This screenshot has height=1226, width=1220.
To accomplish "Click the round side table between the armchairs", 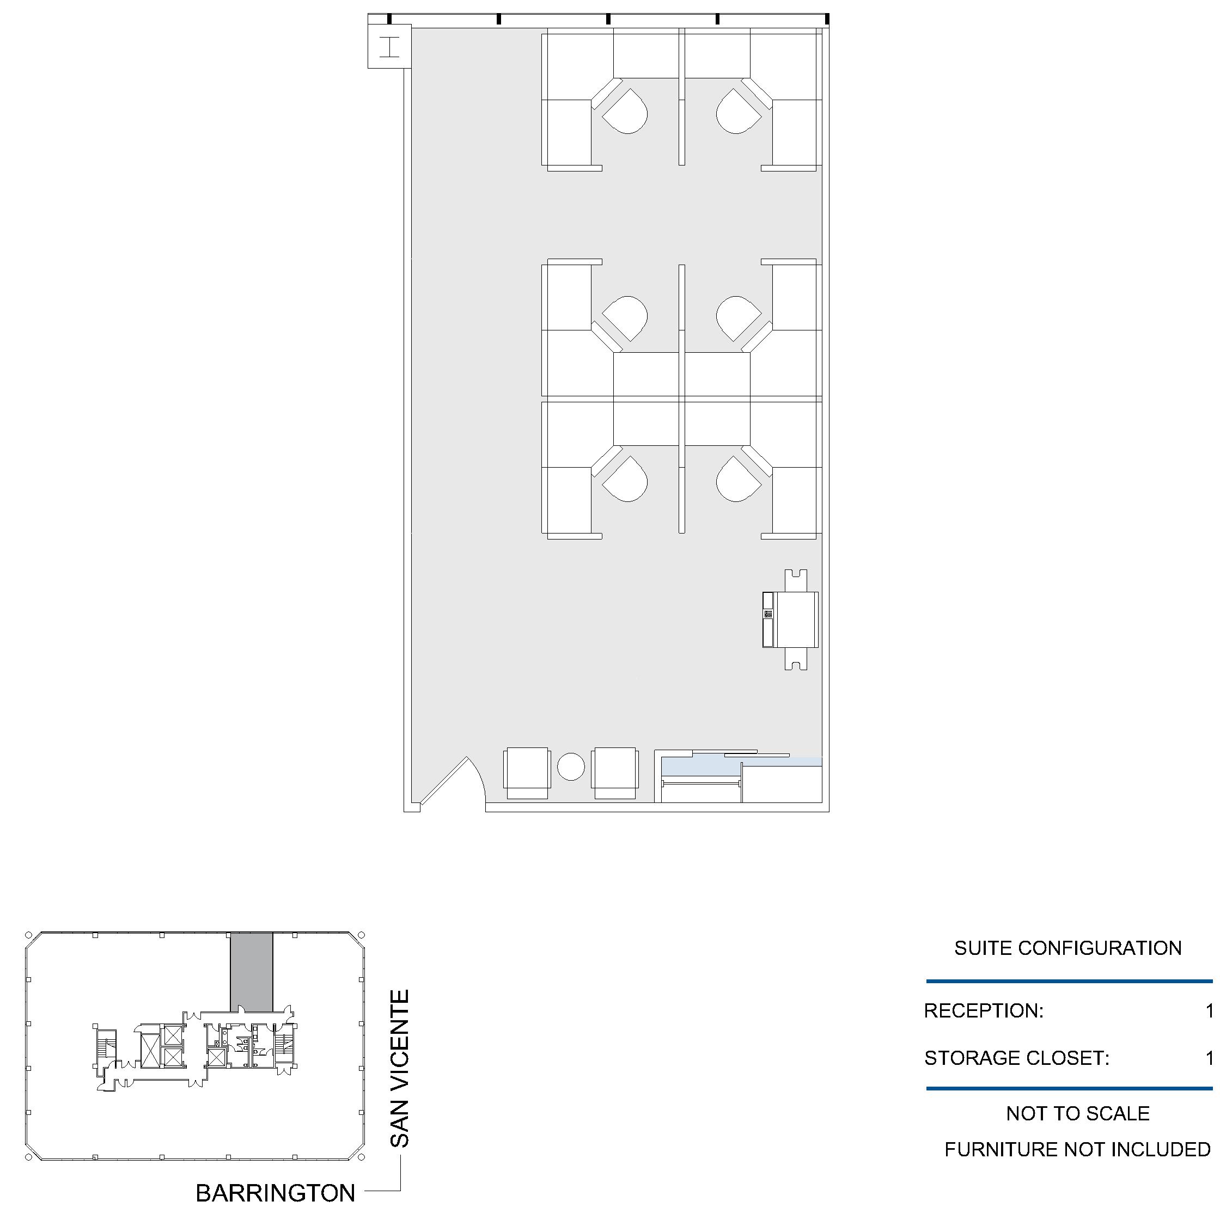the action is point(571,767).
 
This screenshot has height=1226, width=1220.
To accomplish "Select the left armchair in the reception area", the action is point(526,774).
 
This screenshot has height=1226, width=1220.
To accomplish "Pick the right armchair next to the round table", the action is point(614,774).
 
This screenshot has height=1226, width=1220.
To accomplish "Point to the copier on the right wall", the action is point(791,620).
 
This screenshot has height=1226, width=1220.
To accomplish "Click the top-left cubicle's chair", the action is point(625,111).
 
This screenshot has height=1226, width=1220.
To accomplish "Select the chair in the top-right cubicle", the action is point(738,111).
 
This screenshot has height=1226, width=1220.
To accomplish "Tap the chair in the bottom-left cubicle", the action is point(625,479).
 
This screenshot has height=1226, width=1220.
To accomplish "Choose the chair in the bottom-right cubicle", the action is point(738,479).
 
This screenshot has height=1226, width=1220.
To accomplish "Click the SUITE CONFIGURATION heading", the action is point(1068,948).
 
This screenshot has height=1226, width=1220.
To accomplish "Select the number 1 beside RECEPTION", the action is point(1210,1011).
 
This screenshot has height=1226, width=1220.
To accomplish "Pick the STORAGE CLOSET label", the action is point(1016,1058).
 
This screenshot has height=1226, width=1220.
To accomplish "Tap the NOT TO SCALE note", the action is point(1078,1114).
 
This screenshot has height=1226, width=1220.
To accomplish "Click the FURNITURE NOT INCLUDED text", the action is point(1078,1150).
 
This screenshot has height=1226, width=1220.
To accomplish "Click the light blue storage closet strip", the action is point(741,766).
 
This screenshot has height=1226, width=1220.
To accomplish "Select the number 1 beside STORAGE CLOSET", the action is point(1210,1058).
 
